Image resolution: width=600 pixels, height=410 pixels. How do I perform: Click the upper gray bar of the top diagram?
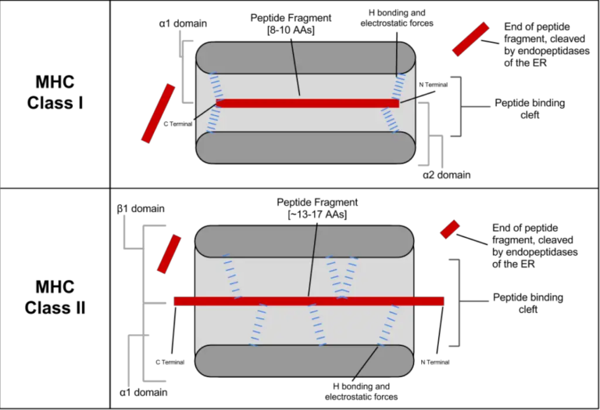344,58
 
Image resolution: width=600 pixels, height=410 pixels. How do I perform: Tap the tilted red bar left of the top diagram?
158,113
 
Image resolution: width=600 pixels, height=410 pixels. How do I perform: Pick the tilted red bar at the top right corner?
470,39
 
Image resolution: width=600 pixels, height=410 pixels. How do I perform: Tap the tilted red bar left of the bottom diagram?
169,254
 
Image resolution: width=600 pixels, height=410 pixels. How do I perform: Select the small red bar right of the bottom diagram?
450,229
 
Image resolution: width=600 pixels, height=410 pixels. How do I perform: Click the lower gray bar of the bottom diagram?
289,361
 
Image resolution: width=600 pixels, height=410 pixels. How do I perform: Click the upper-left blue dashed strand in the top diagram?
216,86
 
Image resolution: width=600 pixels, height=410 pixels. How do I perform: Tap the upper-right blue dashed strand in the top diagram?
399,86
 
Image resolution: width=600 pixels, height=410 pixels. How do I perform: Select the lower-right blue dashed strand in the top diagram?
390,120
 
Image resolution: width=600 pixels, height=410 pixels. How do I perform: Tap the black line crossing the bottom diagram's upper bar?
316,243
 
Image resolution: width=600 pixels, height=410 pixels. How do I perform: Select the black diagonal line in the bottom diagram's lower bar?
366,361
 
